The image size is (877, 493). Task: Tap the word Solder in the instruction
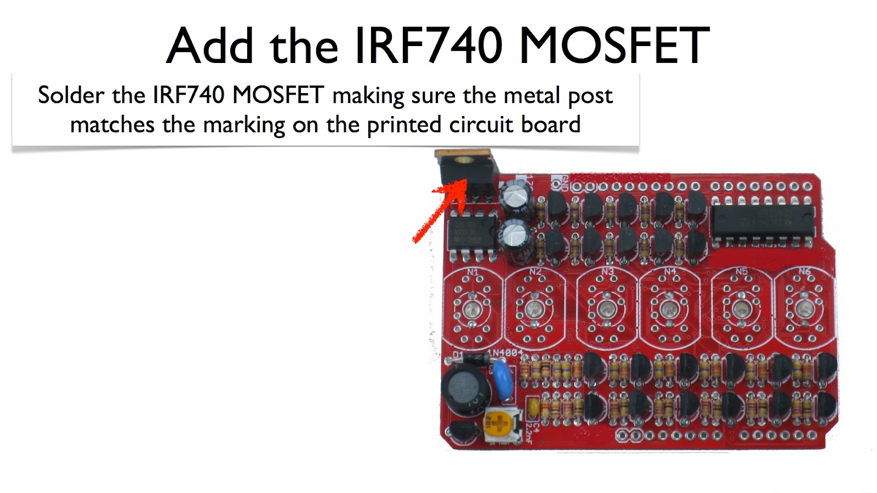click(71, 95)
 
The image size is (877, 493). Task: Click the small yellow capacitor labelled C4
click(532, 407)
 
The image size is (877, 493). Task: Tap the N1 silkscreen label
click(472, 272)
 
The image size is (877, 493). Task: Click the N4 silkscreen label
click(670, 272)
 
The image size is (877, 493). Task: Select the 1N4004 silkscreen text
click(505, 352)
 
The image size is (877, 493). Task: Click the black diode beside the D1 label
click(474, 359)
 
